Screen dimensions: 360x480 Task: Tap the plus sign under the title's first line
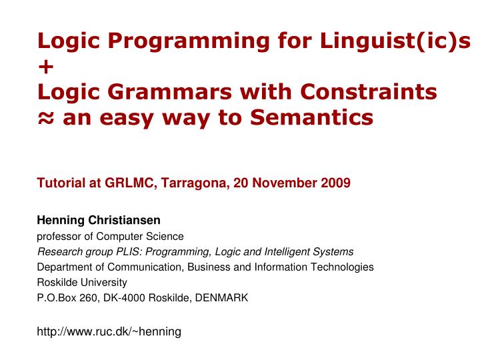(x=45, y=67)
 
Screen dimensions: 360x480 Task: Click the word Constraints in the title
(x=369, y=92)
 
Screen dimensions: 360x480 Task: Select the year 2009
(x=335, y=183)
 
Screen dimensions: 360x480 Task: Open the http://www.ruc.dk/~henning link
(x=109, y=331)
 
